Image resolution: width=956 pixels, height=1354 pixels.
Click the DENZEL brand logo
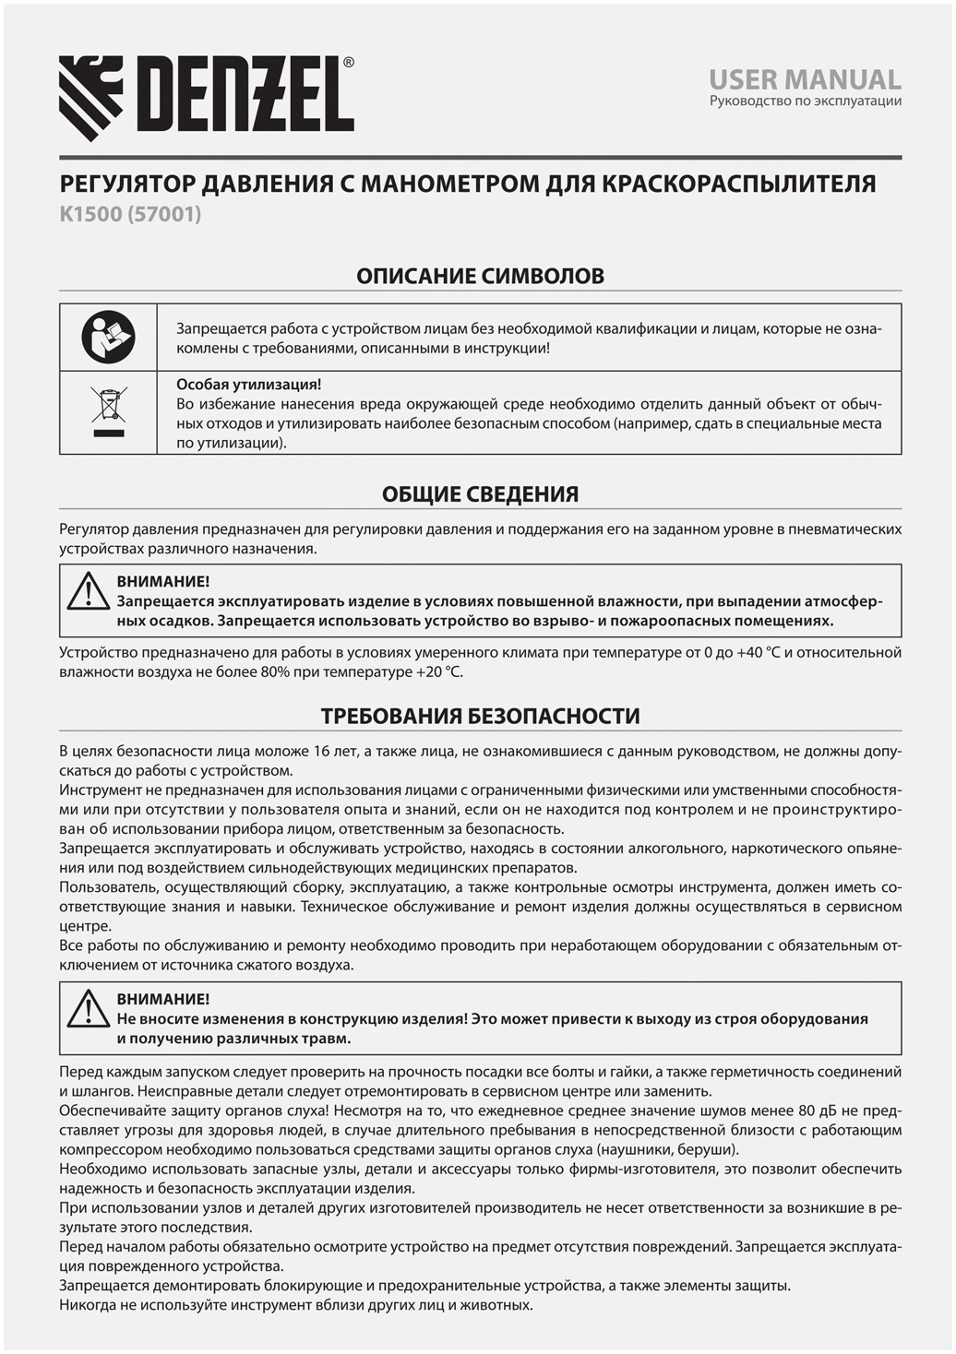pyautogui.click(x=206, y=97)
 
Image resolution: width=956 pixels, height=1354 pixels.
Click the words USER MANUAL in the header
pyautogui.click(x=805, y=79)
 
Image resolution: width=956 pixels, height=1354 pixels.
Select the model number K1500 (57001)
pyautogui.click(x=130, y=214)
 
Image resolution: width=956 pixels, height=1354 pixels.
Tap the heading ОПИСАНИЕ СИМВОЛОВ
pyautogui.click(x=480, y=276)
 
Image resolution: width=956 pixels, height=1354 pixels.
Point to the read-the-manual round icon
pyautogui.click(x=108, y=337)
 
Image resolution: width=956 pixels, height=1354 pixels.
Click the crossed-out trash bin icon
pyautogui.click(x=108, y=412)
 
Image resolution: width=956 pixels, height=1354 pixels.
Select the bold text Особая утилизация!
pyautogui.click(x=248, y=385)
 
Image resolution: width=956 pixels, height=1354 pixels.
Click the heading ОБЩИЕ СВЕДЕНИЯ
pyautogui.click(x=480, y=494)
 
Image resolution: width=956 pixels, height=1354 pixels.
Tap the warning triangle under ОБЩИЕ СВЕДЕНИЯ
pyautogui.click(x=89, y=591)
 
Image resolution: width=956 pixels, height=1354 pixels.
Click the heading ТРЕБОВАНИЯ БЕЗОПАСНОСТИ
pyautogui.click(x=480, y=717)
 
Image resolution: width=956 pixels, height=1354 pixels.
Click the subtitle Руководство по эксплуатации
pyautogui.click(x=805, y=101)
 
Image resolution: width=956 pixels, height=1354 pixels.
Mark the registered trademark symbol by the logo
pyautogui.click(x=348, y=63)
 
